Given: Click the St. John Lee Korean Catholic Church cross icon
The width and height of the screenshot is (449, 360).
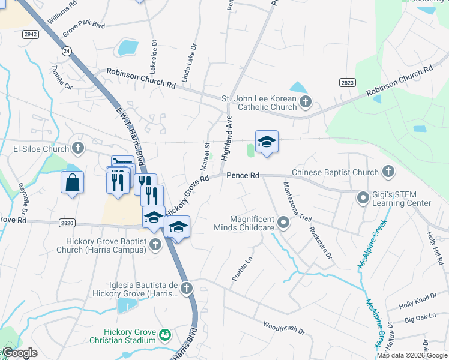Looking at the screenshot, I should (x=306, y=101).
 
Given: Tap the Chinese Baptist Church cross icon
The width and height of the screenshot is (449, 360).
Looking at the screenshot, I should (x=388, y=172).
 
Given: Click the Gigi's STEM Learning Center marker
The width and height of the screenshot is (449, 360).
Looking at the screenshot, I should (x=363, y=197).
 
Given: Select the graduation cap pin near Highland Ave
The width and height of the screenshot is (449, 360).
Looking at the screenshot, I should (x=267, y=142).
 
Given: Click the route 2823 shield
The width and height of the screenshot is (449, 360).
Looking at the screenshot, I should (x=346, y=82).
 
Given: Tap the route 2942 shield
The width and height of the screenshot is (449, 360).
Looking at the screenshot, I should (x=31, y=35).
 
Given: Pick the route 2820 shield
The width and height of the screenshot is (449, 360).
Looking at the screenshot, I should (x=67, y=223).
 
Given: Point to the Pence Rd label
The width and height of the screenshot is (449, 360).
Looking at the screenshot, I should (x=243, y=175).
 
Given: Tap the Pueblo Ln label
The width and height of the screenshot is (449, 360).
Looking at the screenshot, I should (x=243, y=270).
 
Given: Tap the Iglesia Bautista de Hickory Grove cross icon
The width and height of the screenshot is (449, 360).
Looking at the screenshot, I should (x=187, y=289).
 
